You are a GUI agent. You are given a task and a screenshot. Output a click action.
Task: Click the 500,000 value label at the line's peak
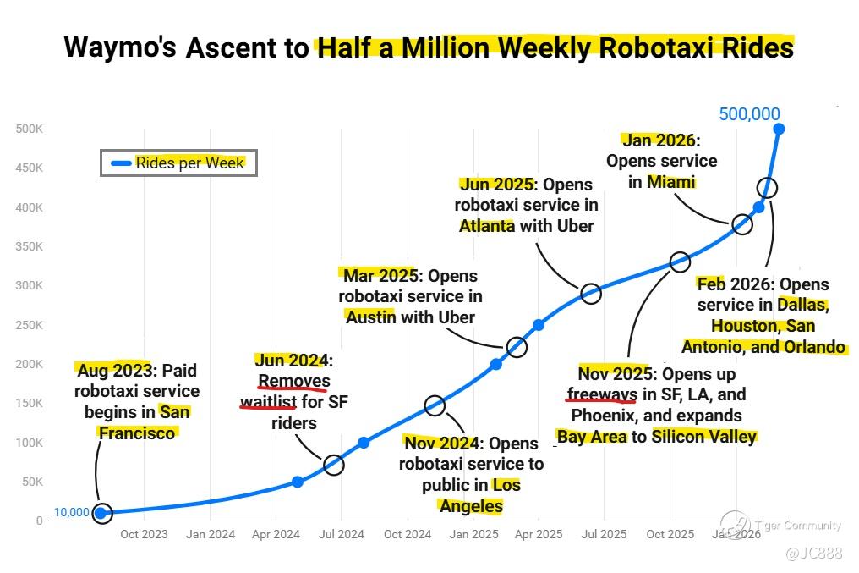(x=749, y=114)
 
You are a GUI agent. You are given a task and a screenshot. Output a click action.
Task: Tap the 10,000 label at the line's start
(x=71, y=512)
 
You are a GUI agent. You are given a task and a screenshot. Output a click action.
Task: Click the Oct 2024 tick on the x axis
(x=407, y=534)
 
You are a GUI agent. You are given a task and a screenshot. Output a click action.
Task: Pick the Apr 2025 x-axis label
(x=539, y=534)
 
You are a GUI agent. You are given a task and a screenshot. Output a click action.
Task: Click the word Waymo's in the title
(x=120, y=47)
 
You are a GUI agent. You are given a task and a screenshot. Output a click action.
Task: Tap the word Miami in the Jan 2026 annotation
(x=670, y=181)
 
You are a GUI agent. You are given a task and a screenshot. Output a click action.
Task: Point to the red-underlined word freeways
(x=601, y=394)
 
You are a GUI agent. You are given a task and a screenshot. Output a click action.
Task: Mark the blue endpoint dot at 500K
(x=779, y=129)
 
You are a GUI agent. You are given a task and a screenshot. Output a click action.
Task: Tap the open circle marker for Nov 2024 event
(x=435, y=405)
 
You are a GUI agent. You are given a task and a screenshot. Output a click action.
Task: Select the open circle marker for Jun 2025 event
(x=591, y=294)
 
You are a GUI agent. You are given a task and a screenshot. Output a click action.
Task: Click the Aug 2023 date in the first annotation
(x=113, y=370)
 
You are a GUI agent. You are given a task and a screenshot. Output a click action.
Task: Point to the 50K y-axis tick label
(x=31, y=482)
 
